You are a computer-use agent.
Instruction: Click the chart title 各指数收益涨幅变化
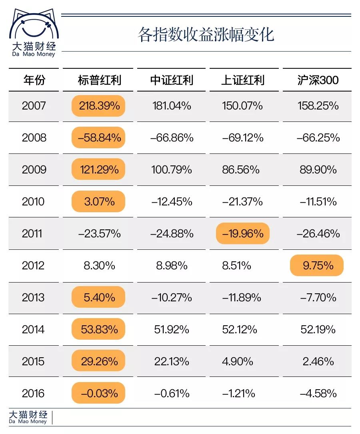click(206, 35)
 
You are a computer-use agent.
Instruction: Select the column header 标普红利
click(99, 80)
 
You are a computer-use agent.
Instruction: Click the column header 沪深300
click(318, 80)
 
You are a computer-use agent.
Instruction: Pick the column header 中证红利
click(172, 80)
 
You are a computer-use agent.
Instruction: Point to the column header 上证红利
click(243, 80)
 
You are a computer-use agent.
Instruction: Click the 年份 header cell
click(34, 80)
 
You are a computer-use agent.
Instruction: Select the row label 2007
click(34, 106)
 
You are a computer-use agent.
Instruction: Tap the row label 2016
click(34, 393)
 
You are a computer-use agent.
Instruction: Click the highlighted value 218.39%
click(99, 106)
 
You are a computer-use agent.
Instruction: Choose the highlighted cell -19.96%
click(243, 233)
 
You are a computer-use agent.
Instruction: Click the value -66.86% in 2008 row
click(172, 138)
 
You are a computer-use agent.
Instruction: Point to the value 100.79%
click(172, 170)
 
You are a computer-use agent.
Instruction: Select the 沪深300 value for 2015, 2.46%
click(318, 361)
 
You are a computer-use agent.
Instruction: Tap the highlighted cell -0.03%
click(99, 393)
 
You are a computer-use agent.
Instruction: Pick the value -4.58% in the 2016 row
click(318, 393)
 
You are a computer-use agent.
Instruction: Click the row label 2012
click(34, 265)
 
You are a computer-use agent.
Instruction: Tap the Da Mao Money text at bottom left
click(28, 421)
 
